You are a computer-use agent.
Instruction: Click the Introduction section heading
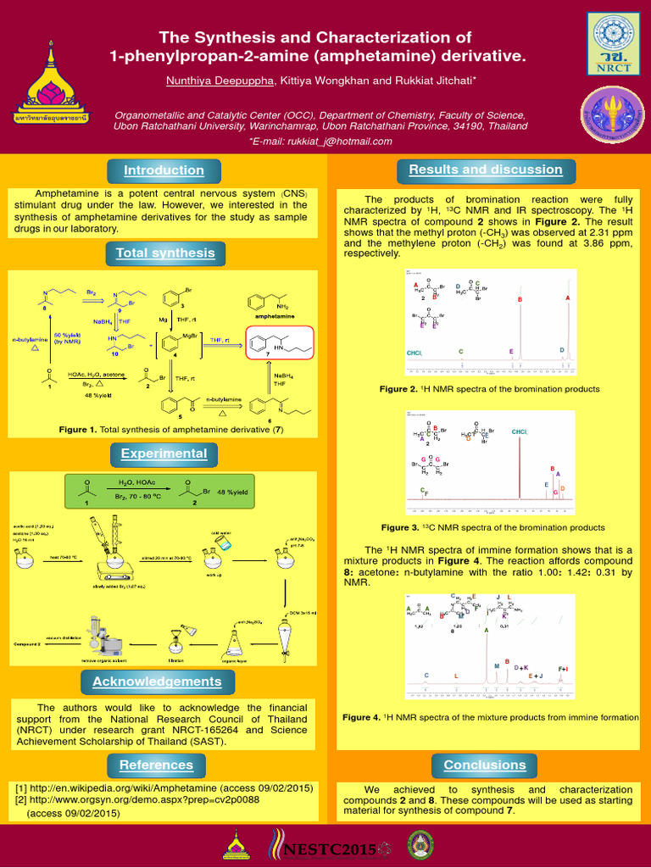tap(164, 170)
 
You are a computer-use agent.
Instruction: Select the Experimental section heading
tap(164, 453)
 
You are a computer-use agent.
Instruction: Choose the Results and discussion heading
tap(485, 170)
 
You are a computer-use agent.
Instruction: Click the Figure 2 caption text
tap(489, 389)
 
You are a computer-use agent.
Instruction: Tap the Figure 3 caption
tap(492, 527)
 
